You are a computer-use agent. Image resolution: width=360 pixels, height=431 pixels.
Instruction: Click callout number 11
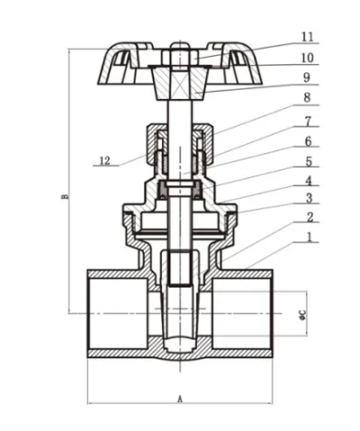[308, 37]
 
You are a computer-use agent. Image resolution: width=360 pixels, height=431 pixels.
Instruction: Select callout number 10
[307, 58]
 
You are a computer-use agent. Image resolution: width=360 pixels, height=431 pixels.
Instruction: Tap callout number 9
[307, 78]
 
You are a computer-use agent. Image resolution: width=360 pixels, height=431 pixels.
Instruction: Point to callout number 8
[307, 98]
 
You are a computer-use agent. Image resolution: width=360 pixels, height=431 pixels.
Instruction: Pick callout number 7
[308, 121]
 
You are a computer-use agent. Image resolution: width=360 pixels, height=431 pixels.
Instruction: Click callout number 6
[308, 141]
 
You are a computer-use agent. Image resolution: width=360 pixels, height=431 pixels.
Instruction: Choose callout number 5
[309, 161]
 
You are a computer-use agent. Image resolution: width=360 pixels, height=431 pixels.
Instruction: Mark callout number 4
[309, 181]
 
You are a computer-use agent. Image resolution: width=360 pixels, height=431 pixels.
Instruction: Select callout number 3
[310, 198]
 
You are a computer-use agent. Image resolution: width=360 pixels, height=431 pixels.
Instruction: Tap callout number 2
[310, 217]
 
